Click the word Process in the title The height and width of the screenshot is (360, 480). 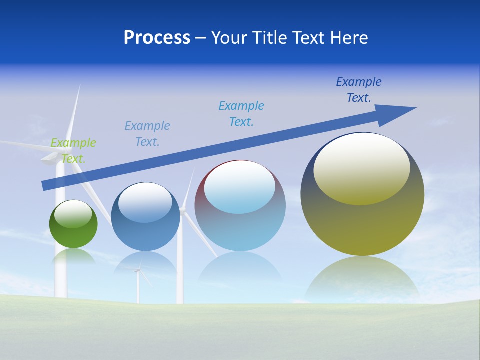(x=157, y=38)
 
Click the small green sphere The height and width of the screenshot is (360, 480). (x=73, y=224)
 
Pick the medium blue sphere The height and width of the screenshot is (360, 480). (x=145, y=217)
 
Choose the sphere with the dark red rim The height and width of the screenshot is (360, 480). (x=240, y=206)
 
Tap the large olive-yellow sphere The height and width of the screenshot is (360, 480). (x=362, y=194)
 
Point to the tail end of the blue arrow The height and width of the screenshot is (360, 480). (x=45, y=186)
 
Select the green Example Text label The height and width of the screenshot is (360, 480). (x=73, y=151)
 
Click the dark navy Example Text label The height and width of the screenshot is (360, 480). (x=359, y=90)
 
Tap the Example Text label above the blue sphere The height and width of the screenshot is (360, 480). (x=147, y=134)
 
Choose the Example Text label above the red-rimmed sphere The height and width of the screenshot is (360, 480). (x=241, y=114)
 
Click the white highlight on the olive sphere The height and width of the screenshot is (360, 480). (x=362, y=169)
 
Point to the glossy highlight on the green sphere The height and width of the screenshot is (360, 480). (x=73, y=214)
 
